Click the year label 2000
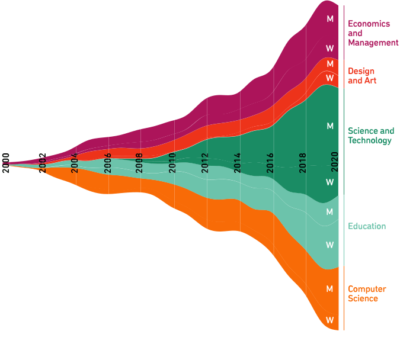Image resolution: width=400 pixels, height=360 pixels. pyautogui.click(x=6, y=162)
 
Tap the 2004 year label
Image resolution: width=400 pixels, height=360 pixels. pyautogui.click(x=75, y=162)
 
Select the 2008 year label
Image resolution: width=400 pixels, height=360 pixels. pyautogui.click(x=139, y=162)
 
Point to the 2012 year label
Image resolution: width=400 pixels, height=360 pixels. pyautogui.click(x=205, y=162)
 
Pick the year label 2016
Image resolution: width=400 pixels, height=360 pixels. pyautogui.click(x=270, y=162)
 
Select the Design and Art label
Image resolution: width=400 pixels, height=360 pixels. pyautogui.click(x=362, y=76)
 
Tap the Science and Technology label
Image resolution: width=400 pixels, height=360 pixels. pyautogui.click(x=370, y=136)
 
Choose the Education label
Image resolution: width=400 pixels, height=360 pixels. pyautogui.click(x=367, y=226)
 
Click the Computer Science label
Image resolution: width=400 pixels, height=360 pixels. pyautogui.click(x=367, y=294)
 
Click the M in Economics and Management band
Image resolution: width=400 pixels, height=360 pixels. pyautogui.click(x=330, y=19)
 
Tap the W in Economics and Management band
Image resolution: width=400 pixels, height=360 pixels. pyautogui.click(x=330, y=48)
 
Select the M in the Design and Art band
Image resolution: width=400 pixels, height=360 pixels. pyautogui.click(x=330, y=64)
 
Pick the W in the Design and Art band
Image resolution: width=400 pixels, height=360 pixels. pyautogui.click(x=330, y=78)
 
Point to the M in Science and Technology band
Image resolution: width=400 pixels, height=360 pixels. pyautogui.click(x=330, y=126)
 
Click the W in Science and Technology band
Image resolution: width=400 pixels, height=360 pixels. pyautogui.click(x=330, y=182)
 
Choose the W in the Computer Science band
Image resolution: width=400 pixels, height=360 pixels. pyautogui.click(x=330, y=320)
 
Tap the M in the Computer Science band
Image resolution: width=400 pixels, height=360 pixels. pyautogui.click(x=330, y=289)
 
